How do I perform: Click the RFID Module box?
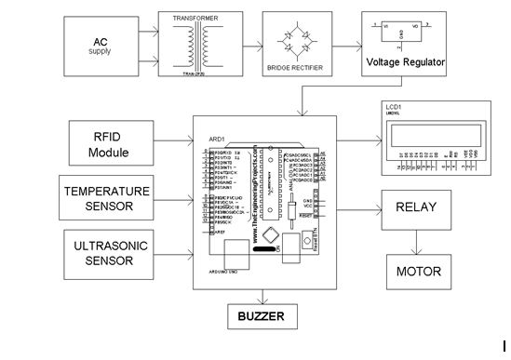point(109,140)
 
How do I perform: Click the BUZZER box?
point(261,316)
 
